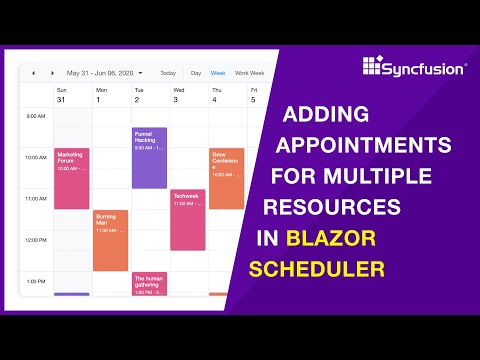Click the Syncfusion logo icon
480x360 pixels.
tap(373, 67)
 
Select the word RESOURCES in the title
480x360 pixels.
tap(331, 208)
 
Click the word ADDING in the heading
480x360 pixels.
tap(327, 115)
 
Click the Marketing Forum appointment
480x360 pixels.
tap(71, 178)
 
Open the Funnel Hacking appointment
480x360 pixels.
tap(149, 157)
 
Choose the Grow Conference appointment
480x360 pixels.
tap(226, 178)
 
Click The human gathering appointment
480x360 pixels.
tap(149, 283)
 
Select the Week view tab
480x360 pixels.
tap(218, 73)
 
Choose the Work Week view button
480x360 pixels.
tap(249, 73)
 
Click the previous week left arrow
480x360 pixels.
tap(33, 73)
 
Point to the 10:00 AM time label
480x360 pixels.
tap(35, 158)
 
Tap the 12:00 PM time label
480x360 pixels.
tap(35, 240)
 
